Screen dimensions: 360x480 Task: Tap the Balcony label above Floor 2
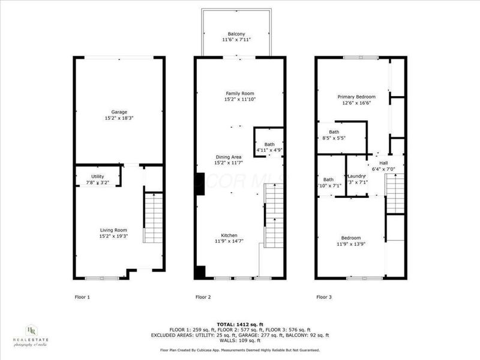pos(236,34)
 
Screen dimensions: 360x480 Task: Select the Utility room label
pos(89,176)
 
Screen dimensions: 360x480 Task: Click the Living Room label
pos(113,229)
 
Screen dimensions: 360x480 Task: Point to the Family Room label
pos(240,94)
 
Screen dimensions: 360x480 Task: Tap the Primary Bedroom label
pos(356,97)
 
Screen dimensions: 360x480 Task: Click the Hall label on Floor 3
pos(383,163)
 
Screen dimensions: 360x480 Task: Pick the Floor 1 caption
pos(82,296)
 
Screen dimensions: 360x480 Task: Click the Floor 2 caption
pos(204,296)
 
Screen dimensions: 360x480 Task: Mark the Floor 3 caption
pos(325,296)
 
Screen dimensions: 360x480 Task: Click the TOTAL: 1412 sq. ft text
pos(240,323)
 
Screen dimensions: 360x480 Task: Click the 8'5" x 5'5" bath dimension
pos(334,138)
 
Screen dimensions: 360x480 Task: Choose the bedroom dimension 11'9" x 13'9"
pos(351,244)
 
